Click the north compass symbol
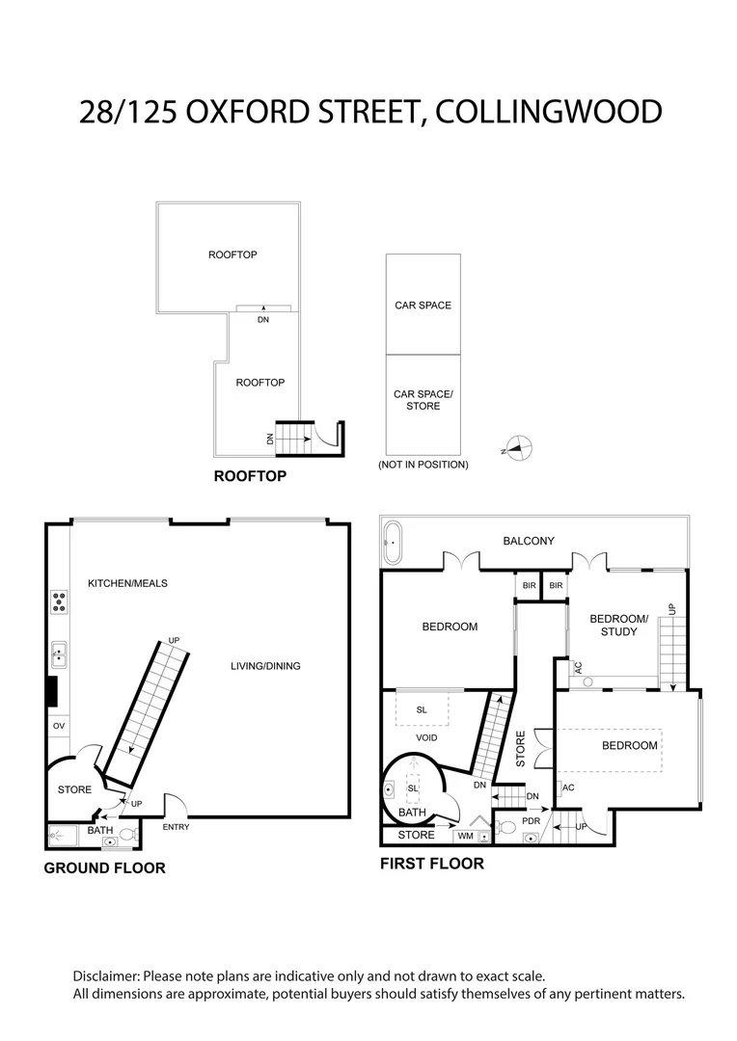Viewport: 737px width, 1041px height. tap(519, 447)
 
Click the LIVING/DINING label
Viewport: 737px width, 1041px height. tap(265, 666)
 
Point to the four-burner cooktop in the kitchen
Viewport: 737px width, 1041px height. tap(59, 601)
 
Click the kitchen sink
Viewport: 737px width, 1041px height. tap(58, 655)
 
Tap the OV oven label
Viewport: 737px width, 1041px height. tap(58, 725)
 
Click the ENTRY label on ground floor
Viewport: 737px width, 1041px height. tap(177, 827)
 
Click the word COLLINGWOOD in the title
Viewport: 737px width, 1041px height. tap(549, 111)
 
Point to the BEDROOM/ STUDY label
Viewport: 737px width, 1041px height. tap(613, 626)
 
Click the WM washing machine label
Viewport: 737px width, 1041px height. tap(465, 836)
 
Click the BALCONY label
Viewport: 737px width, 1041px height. tap(529, 541)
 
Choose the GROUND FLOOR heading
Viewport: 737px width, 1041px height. tap(104, 867)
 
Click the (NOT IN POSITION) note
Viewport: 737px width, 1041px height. tap(423, 465)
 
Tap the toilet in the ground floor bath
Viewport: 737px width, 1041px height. tap(127, 835)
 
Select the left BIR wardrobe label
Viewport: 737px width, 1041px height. tap(529, 585)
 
